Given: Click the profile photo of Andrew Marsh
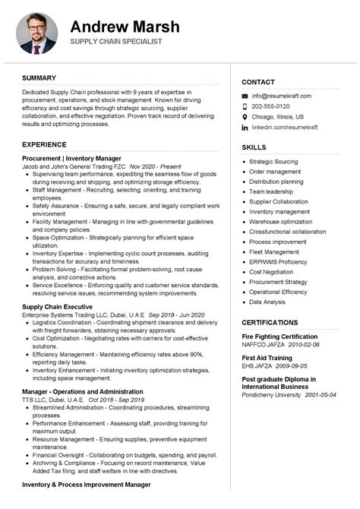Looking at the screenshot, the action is [37, 33].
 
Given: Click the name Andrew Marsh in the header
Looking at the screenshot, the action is [125, 27].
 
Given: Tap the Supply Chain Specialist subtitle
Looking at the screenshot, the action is [117, 42].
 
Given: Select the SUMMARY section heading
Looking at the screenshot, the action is [39, 78].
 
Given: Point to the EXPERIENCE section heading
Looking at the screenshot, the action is [44, 144].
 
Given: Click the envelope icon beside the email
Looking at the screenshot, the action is [245, 96].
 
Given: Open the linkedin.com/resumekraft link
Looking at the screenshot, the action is [285, 128].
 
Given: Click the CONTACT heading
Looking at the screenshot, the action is [258, 82].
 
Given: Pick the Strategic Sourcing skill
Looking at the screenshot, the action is [273, 162].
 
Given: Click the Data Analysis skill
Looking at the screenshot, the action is [267, 302].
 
